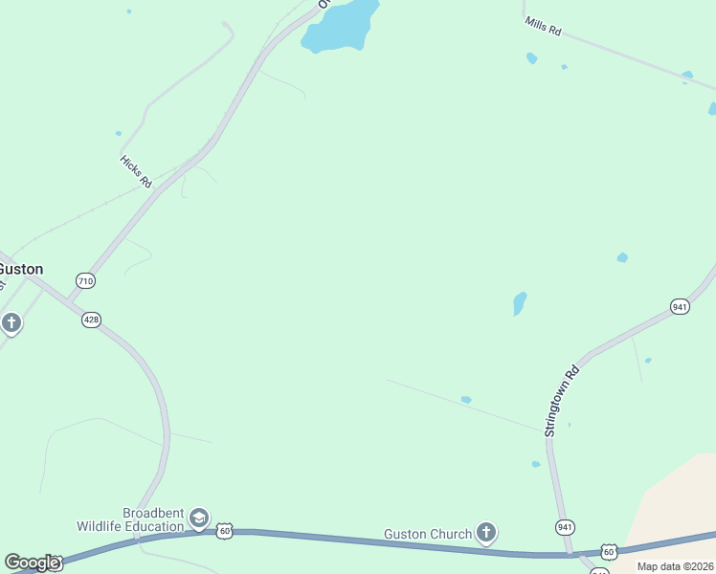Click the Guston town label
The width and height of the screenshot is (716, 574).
click(x=21, y=269)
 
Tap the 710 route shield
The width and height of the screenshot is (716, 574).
click(x=85, y=280)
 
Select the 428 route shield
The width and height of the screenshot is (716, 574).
click(x=91, y=320)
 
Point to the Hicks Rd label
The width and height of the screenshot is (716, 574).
click(x=136, y=171)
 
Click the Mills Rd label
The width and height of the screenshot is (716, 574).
click(x=543, y=27)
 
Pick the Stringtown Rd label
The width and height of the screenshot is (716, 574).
click(x=562, y=400)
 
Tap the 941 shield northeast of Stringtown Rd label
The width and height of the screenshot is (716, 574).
click(x=680, y=306)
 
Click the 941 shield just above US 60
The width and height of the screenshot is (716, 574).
click(x=565, y=527)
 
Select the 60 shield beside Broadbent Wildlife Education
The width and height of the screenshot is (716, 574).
click(x=224, y=529)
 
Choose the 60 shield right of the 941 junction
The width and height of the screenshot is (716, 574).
click(x=609, y=551)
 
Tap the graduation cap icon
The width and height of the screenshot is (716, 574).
click(x=199, y=519)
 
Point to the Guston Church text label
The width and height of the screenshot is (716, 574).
click(x=428, y=534)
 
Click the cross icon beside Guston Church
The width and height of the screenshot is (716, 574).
click(x=486, y=533)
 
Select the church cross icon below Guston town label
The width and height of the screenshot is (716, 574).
click(x=11, y=323)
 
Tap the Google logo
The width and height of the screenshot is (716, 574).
click(x=32, y=563)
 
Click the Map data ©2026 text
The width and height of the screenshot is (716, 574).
click(x=675, y=566)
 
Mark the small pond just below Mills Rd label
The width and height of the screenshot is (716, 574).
click(x=531, y=58)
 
